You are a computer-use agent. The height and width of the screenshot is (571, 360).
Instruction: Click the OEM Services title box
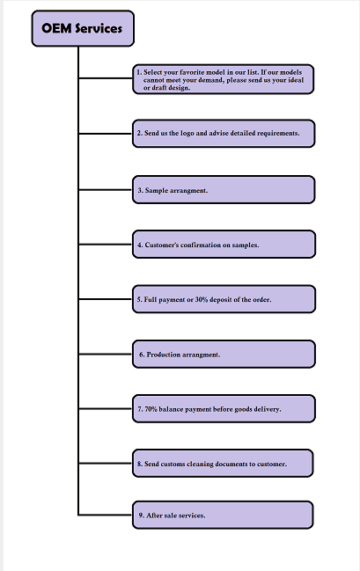click(83, 28)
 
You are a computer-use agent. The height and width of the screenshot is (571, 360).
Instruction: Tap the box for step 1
click(223, 79)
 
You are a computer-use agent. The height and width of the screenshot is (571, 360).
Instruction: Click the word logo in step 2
click(187, 133)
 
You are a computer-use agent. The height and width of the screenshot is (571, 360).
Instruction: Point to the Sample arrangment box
click(224, 190)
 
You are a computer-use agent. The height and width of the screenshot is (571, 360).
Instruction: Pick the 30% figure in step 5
click(202, 300)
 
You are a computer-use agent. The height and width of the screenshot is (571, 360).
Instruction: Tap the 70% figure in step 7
click(151, 409)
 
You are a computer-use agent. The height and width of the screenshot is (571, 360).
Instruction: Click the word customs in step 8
click(173, 464)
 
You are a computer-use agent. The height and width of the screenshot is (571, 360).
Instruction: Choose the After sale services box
click(223, 515)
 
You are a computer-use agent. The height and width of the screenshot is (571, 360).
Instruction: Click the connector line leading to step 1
click(106, 78)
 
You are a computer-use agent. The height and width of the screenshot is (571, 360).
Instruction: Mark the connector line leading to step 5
click(106, 299)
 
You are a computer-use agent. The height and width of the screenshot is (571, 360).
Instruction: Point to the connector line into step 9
click(106, 515)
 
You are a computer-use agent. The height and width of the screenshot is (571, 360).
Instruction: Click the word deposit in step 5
click(220, 300)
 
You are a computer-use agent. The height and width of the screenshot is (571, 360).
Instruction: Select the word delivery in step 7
click(268, 409)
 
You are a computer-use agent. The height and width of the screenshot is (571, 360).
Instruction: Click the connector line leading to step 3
click(106, 190)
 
